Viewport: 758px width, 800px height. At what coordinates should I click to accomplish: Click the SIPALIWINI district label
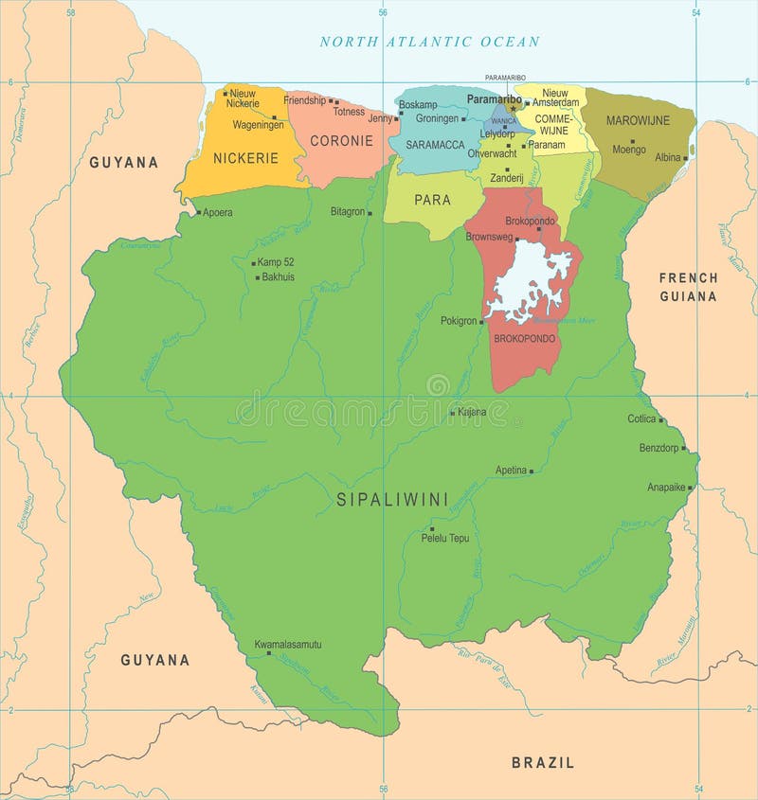click(x=392, y=499)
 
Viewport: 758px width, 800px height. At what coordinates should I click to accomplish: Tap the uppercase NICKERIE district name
click(x=245, y=158)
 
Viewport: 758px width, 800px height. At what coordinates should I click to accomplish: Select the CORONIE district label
click(x=335, y=140)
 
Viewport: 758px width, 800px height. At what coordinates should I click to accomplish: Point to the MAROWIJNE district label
click(x=638, y=120)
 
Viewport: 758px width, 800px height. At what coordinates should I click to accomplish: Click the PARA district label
click(x=432, y=200)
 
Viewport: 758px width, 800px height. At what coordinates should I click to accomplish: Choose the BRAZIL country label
click(x=543, y=762)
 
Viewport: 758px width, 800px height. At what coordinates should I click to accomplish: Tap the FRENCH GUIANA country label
click(x=688, y=287)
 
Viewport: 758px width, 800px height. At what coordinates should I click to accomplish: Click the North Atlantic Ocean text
click(x=429, y=42)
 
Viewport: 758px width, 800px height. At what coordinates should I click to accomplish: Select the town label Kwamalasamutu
click(x=288, y=645)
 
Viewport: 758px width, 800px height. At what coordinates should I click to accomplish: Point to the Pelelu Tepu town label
click(x=444, y=538)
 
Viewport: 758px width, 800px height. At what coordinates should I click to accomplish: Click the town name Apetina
click(x=511, y=470)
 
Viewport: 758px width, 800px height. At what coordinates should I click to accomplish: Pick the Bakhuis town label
click(x=278, y=277)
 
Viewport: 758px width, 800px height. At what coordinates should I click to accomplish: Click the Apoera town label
click(x=217, y=212)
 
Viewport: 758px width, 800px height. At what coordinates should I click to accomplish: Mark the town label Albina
click(x=668, y=157)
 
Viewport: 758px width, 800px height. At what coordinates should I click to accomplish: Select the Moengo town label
click(x=628, y=150)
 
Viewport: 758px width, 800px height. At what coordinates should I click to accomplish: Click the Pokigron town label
click(x=460, y=321)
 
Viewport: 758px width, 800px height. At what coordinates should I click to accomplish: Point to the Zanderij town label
click(x=506, y=178)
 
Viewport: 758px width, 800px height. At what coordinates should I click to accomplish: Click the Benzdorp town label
click(x=659, y=448)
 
